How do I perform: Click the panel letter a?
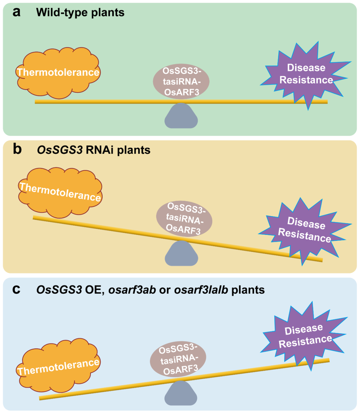coord(16,12)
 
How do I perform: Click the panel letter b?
coord(17,149)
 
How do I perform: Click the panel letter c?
coord(16,289)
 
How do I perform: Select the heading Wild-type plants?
coord(80,13)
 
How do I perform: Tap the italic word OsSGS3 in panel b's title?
coord(60,150)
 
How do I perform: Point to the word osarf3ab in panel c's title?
coord(132,290)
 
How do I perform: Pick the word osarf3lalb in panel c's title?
coord(201,290)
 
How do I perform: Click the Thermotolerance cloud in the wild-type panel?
coord(58,73)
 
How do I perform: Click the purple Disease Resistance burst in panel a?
coord(306,74)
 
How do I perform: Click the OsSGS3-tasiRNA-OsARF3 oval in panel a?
coord(181,82)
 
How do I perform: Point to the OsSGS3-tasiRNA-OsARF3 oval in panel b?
coord(184,219)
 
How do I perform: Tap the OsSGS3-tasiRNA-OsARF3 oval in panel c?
coord(178,359)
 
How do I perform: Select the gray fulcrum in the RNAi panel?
coord(181,255)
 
